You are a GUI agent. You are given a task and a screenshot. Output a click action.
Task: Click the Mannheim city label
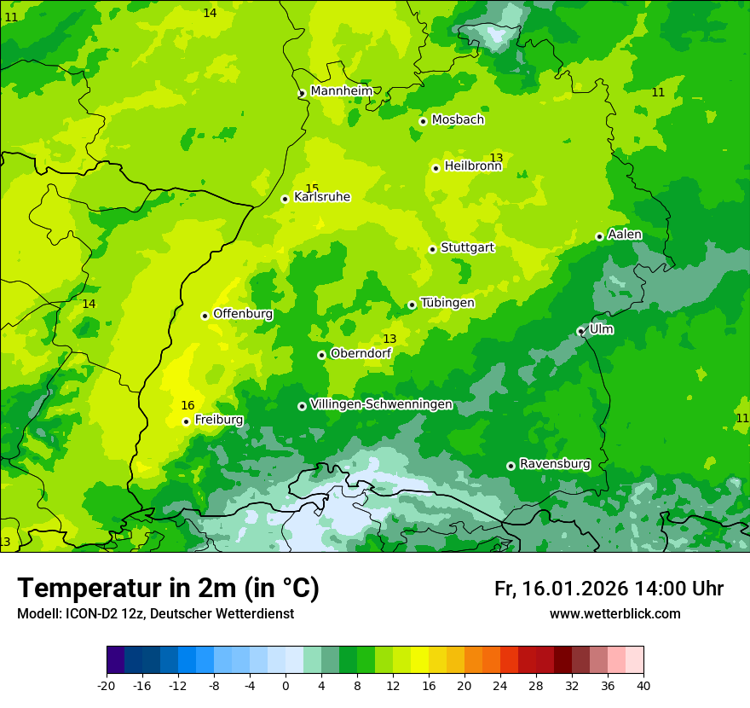pos(341,90)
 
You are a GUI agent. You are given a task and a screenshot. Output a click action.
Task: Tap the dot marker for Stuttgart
pos(432,249)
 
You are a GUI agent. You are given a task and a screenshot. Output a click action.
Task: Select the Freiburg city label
pos(218,420)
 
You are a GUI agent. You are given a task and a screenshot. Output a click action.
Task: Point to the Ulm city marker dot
pos(580,331)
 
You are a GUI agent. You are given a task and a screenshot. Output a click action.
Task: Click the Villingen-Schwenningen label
pos(381,404)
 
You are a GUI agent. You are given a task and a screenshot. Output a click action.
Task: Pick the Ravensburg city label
pos(554,464)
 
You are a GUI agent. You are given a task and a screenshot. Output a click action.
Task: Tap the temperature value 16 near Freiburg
pos(187,405)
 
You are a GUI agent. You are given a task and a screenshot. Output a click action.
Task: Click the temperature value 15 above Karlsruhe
pos(312,189)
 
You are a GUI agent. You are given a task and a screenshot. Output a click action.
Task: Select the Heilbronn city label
pos(472,166)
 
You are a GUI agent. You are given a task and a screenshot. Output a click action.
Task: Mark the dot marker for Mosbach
pos(423,121)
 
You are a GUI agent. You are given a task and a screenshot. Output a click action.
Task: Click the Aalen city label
pos(625,235)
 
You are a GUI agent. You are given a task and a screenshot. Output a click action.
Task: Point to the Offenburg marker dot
pos(205,316)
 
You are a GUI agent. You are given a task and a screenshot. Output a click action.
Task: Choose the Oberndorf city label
pos(361,353)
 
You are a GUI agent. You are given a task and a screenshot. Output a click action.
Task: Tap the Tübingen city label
pos(447,303)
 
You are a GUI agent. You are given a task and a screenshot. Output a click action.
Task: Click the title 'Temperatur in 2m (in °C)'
pos(168,588)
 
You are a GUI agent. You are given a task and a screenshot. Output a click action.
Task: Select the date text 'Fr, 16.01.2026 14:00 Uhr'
pos(609,589)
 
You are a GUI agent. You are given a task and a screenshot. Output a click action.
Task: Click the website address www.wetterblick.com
pos(614,614)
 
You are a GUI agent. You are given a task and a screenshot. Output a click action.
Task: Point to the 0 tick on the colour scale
pos(286,686)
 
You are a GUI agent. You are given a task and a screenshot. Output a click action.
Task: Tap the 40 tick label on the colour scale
pos(643,686)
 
